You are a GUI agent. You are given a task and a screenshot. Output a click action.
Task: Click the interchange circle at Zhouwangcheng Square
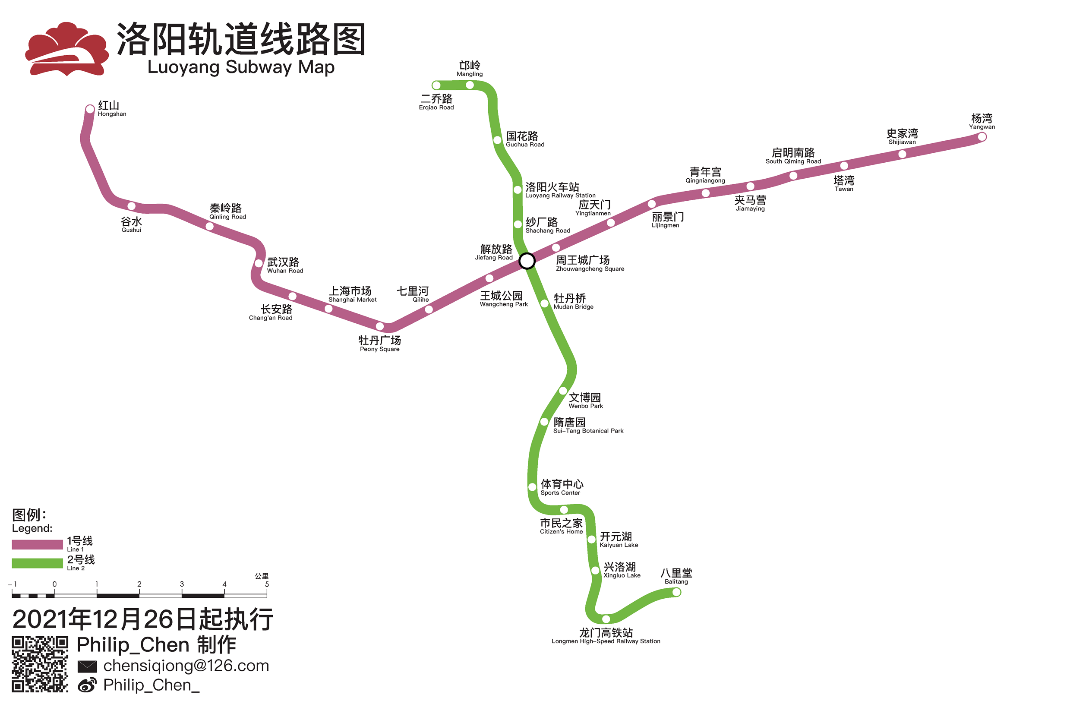tap(527, 261)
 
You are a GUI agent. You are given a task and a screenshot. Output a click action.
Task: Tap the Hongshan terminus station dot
tap(90, 109)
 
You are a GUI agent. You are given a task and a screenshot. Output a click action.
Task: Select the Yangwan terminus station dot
tap(982, 137)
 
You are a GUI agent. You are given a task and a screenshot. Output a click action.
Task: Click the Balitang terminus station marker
tap(676, 592)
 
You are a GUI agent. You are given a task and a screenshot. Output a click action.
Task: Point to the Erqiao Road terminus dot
tap(436, 85)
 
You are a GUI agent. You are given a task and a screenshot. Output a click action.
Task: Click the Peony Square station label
tap(380, 344)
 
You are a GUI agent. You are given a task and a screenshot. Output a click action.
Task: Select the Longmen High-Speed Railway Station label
tap(606, 636)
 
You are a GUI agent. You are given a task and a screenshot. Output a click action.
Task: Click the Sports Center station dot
tap(532, 487)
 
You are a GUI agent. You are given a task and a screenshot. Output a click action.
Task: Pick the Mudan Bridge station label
tap(573, 301)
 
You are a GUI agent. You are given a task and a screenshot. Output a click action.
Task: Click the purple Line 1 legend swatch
tap(37, 545)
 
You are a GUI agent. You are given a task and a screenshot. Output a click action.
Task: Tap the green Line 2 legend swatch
tap(37, 563)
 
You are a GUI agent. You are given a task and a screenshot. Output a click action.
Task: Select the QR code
tap(40, 664)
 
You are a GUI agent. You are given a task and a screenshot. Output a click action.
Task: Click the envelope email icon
tap(87, 667)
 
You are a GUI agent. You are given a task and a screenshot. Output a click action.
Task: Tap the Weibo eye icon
tap(87, 685)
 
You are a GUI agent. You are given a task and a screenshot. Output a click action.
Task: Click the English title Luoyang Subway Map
tap(241, 67)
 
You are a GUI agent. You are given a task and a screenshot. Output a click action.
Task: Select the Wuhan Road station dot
tap(259, 264)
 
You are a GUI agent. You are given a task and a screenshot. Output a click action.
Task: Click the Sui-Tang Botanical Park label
tap(587, 426)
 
